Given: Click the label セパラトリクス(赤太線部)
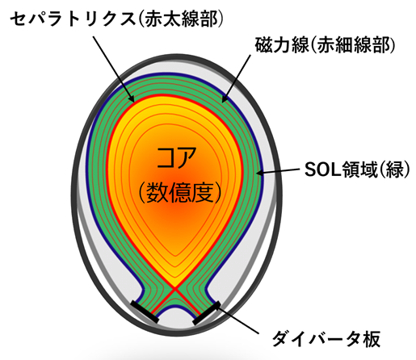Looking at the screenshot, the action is pos(117,19).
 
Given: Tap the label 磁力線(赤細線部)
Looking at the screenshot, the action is pos(326,44).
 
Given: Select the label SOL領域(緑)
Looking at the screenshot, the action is pos(357,170).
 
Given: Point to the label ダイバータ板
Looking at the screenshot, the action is pos(326,338).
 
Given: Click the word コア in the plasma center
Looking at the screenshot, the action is pos(176,158).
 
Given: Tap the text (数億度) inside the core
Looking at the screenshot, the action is pos(180,192).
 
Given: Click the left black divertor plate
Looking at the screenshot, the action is pos(145,312).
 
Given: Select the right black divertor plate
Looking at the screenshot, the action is pos(207,313).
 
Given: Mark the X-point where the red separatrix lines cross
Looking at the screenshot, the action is pos(175,289).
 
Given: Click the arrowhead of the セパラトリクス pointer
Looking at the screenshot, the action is pos(132,98).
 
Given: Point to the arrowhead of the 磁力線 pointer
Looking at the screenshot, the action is pos(225,99).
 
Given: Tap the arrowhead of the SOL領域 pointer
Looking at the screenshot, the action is pos(259,173).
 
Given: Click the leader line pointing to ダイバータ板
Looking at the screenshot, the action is pos(239,320).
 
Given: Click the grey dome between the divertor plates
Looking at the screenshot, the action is pos(175,316).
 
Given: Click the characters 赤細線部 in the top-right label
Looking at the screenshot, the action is pos(353,44).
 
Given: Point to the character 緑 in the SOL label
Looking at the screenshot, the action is pos(395,170).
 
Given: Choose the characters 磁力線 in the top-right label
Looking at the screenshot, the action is pos(282,44).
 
